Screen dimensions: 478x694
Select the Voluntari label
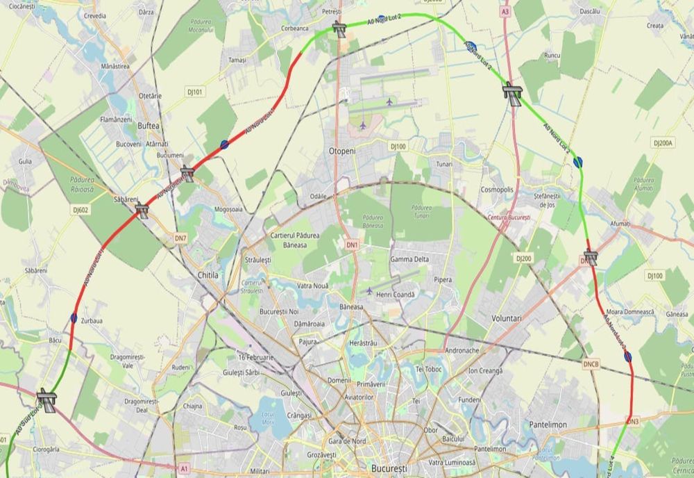tap(510, 318)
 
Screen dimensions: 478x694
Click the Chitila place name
tap(208, 275)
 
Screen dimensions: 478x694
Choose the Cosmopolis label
tap(497, 190)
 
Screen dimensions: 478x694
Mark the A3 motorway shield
tap(505, 11)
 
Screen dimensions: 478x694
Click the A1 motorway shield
tap(184, 469)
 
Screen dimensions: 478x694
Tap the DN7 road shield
tap(180, 238)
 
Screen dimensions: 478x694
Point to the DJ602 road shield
tap(81, 208)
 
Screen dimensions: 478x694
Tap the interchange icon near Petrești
tap(339, 28)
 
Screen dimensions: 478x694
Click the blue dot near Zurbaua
tap(74, 318)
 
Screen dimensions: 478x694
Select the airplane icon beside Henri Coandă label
tap(369, 290)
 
